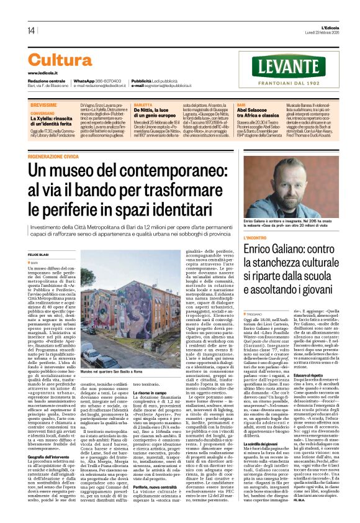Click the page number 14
tap(30, 30)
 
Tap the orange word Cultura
tap(60, 60)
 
